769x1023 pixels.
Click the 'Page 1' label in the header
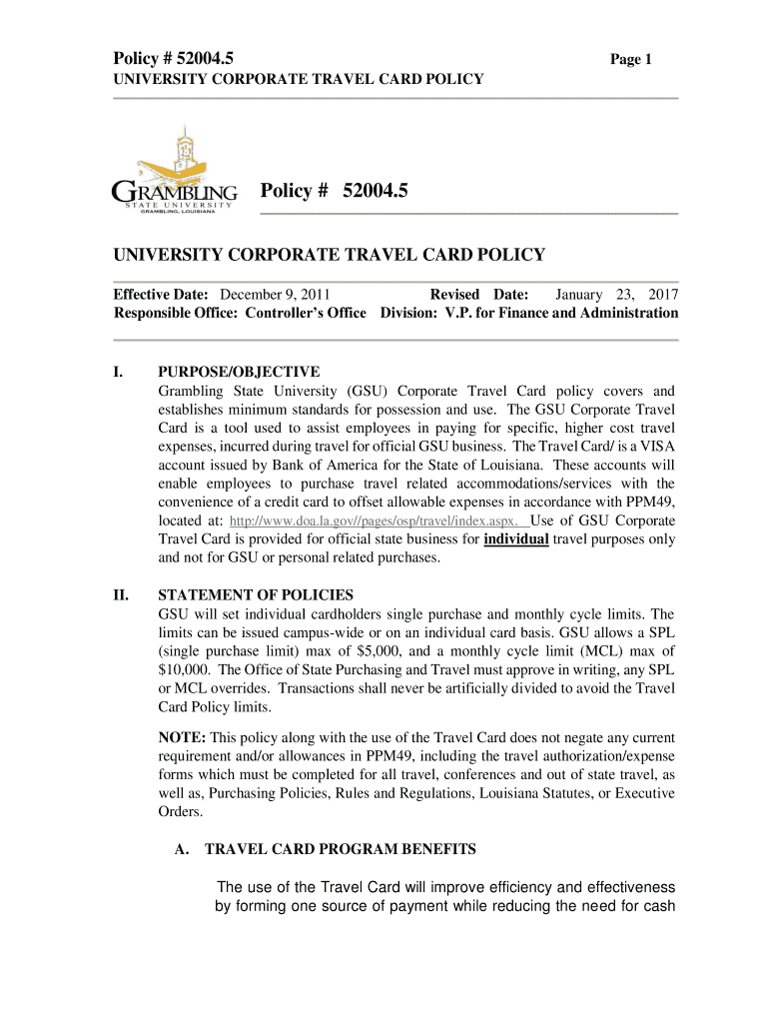point(631,60)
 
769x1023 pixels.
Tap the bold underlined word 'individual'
point(515,539)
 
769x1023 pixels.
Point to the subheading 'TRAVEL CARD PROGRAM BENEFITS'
point(341,849)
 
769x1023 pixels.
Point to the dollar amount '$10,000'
point(186,668)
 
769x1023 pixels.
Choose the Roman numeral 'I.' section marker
point(118,373)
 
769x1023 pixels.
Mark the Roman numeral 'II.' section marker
point(120,596)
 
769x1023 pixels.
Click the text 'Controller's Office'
point(320,314)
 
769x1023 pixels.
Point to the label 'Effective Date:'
point(161,296)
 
